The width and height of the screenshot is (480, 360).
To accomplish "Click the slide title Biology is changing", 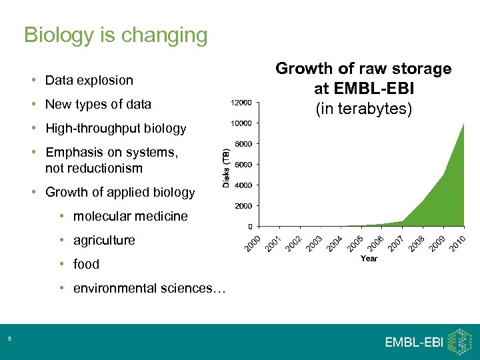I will [115, 35].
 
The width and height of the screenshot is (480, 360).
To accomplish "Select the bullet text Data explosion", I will [89, 80].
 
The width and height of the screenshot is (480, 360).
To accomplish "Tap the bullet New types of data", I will [98, 104].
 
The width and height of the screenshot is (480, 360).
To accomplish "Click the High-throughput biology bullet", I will [115, 128].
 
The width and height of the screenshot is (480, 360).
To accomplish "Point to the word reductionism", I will [94, 168].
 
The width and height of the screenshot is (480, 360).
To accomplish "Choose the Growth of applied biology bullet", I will [120, 192].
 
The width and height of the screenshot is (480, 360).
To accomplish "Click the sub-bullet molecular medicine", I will [130, 216].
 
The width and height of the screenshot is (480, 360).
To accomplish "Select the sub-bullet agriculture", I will [103, 240].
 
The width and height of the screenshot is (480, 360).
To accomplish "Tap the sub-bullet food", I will [86, 264].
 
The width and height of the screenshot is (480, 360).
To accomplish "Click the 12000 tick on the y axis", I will [241, 103].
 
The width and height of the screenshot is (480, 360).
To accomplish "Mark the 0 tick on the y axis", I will [249, 226].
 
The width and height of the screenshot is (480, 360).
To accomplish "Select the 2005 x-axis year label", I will [355, 243].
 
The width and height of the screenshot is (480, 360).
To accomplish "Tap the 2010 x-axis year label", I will [457, 243].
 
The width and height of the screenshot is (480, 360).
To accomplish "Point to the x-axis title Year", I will [369, 259].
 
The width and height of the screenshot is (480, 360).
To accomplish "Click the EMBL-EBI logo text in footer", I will [413, 343].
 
